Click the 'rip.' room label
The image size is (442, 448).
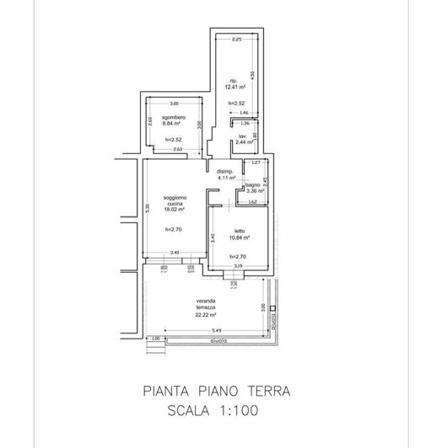pos(234,80)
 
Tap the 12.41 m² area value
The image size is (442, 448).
pos(234,87)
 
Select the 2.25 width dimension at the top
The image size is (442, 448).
pos(237,40)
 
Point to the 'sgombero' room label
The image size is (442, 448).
pos(174,116)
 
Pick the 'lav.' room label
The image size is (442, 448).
pos(242,136)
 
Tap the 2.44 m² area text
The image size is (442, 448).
pos(245,142)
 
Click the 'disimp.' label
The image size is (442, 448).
pos(224,172)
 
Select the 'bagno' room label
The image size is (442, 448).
pos(252,184)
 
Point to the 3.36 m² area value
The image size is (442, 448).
pos(253,190)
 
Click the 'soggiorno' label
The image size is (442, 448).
pos(175,197)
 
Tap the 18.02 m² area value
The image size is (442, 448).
pos(175,211)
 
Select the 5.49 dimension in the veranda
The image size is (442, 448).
pos(216,329)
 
